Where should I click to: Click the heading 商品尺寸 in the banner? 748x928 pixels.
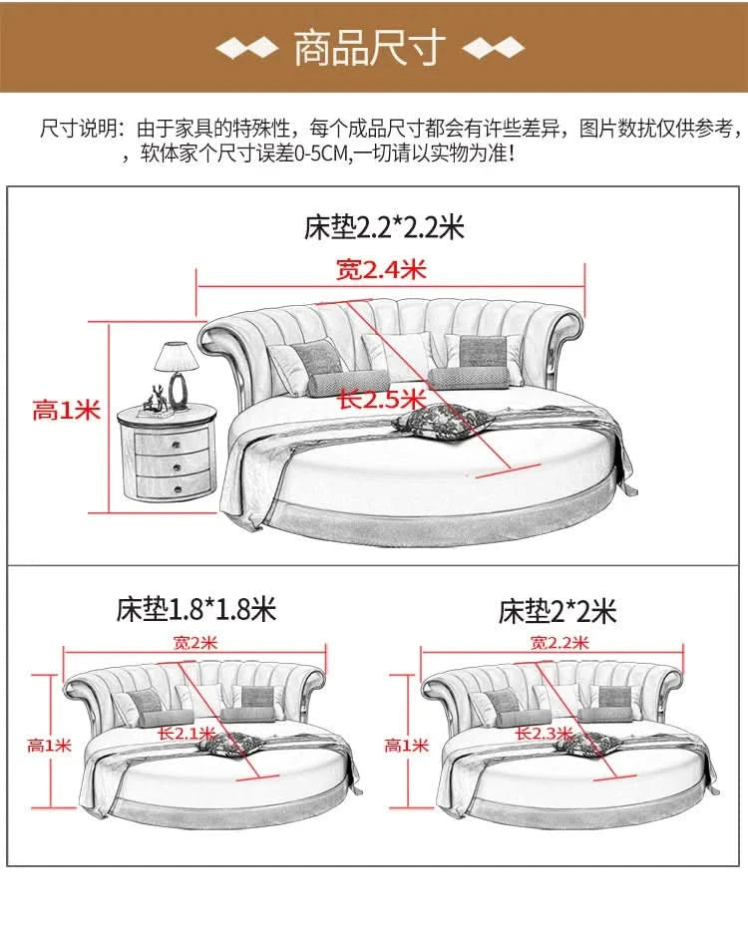coord(370,48)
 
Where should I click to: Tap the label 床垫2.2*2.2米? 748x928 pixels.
coord(384,226)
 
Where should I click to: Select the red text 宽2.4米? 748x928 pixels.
coord(381,270)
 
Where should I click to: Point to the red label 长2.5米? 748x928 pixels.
coord(382,399)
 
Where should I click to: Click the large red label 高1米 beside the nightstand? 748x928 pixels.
coord(66,410)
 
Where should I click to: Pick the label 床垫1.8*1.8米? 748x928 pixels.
coord(196,609)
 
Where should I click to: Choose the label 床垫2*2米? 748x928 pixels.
coord(558,611)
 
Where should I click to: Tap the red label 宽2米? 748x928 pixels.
coord(195,642)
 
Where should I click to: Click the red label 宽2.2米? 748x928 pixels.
coord(560,642)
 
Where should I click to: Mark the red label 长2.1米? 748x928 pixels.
coord(187,734)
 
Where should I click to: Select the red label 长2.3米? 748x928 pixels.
coord(544,734)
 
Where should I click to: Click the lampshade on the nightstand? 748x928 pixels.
coord(176,357)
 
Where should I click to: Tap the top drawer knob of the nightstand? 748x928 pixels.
coord(176,445)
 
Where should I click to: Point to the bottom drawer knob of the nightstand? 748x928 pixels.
coord(178,489)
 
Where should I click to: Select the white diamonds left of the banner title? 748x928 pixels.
coord(246,49)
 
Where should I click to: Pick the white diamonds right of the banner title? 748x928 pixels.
coord(494,49)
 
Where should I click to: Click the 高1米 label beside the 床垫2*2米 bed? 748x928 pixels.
coord(406,745)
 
